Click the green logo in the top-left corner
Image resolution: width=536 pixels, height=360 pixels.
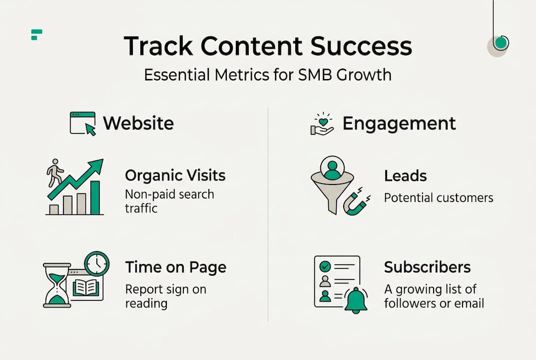pyautogui.click(x=36, y=34)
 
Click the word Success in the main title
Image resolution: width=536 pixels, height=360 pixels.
pyautogui.click(x=361, y=46)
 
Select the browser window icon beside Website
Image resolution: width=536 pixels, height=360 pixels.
pyautogui.click(x=82, y=123)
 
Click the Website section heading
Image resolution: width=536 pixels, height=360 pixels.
pyautogui.click(x=138, y=123)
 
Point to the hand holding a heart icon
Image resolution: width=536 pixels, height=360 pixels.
pyautogui.click(x=322, y=124)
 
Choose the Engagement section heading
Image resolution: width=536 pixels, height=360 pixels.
pyautogui.click(x=399, y=123)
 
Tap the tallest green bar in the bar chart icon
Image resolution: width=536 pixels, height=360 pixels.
pyautogui.click(x=94, y=197)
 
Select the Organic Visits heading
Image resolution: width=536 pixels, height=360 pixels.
pyautogui.click(x=175, y=175)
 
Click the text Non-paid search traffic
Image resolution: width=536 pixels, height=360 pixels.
pyautogui.click(x=169, y=201)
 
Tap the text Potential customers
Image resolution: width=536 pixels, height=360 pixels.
pyautogui.click(x=438, y=197)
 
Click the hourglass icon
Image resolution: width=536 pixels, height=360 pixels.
pyautogui.click(x=56, y=284)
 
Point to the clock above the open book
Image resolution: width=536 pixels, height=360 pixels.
pyautogui.click(x=96, y=263)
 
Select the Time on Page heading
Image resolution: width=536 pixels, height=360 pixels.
pyautogui.click(x=175, y=267)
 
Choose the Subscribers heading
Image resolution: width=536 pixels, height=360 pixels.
pyautogui.click(x=427, y=267)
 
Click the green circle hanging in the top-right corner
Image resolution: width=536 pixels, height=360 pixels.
pyautogui.click(x=501, y=43)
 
